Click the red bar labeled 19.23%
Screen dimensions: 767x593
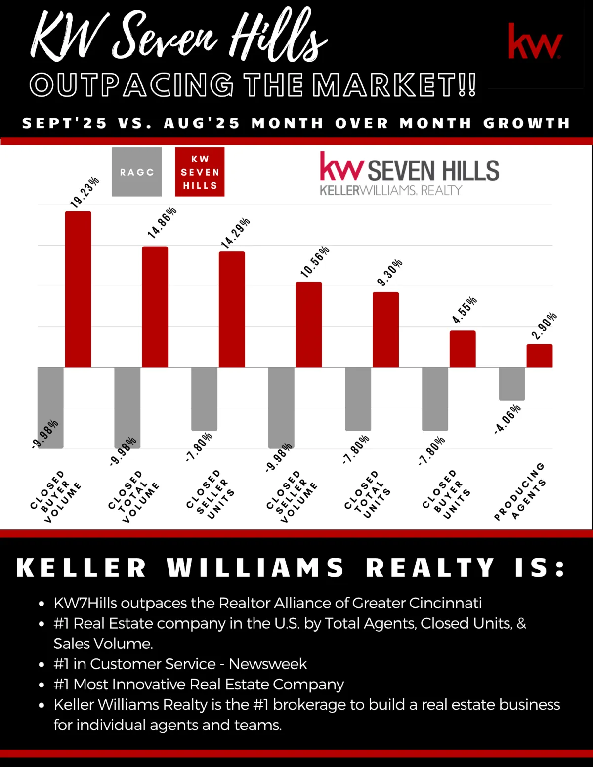tap(78, 289)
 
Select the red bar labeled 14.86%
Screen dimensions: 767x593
tap(155, 307)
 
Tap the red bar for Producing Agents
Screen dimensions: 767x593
tap(539, 356)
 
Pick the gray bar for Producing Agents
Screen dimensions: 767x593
tap(512, 384)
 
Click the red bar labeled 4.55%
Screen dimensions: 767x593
tap(463, 349)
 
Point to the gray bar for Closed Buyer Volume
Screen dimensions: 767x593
tap(50, 407)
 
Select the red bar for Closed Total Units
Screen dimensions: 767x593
tap(385, 329)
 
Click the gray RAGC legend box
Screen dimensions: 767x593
tap(137, 172)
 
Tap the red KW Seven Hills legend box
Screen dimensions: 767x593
tap(200, 172)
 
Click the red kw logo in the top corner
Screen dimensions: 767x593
tap(535, 41)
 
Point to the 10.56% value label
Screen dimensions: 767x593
tap(315, 262)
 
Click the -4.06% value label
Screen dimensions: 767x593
tap(508, 419)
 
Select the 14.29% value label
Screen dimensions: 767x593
tap(236, 232)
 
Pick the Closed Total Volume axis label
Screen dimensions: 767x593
tap(134, 496)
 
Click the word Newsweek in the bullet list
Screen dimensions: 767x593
tap(268, 664)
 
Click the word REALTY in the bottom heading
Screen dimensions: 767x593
tap(430, 567)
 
